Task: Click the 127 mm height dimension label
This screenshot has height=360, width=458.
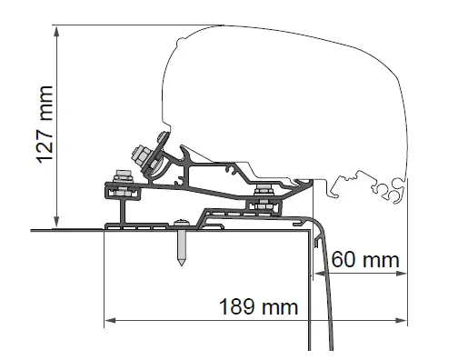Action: tap(42, 125)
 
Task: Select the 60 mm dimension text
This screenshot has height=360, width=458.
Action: tap(363, 261)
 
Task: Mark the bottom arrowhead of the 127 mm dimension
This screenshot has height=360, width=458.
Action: tap(57, 223)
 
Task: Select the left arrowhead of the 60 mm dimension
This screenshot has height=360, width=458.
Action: tap(318, 272)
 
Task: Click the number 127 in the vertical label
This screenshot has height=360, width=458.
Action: tap(42, 144)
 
